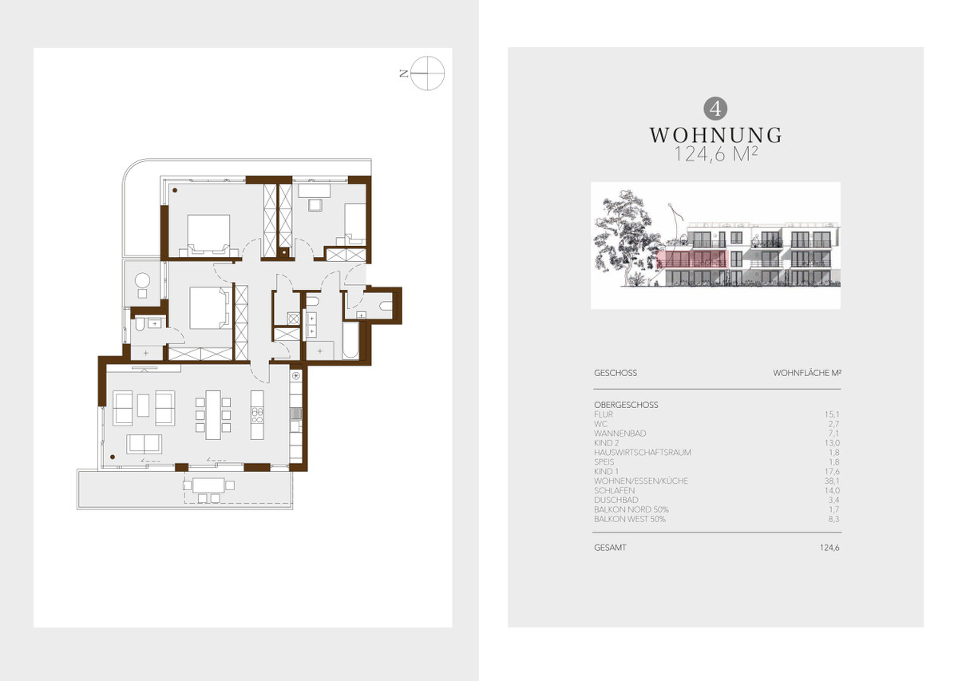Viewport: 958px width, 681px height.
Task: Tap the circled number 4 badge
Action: click(x=715, y=109)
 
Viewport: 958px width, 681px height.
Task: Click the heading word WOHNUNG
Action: click(x=715, y=135)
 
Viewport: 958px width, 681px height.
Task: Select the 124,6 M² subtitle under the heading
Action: click(x=715, y=154)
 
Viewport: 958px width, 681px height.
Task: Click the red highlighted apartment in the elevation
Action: click(x=691, y=260)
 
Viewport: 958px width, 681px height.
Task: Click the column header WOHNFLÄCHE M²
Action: click(x=806, y=373)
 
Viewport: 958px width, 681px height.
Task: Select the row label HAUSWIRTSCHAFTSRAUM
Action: click(x=643, y=453)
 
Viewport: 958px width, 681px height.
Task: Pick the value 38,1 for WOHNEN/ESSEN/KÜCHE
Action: click(x=832, y=481)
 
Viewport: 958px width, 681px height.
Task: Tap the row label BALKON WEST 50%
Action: click(x=630, y=519)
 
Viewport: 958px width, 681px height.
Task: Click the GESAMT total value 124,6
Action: click(x=829, y=548)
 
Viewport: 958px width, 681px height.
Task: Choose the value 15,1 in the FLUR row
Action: click(x=832, y=414)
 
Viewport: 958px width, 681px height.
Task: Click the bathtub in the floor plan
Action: click(x=350, y=340)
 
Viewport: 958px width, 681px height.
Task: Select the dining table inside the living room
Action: click(x=213, y=414)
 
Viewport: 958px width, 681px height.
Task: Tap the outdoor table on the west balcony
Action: click(x=208, y=485)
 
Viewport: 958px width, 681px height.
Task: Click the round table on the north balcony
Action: click(x=142, y=281)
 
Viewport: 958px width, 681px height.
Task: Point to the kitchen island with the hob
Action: click(x=257, y=414)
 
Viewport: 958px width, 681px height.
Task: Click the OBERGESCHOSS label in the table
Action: click(x=626, y=405)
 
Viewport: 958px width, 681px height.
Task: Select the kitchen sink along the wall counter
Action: click(x=295, y=414)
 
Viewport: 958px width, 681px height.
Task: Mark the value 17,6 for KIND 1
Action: click(x=832, y=471)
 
